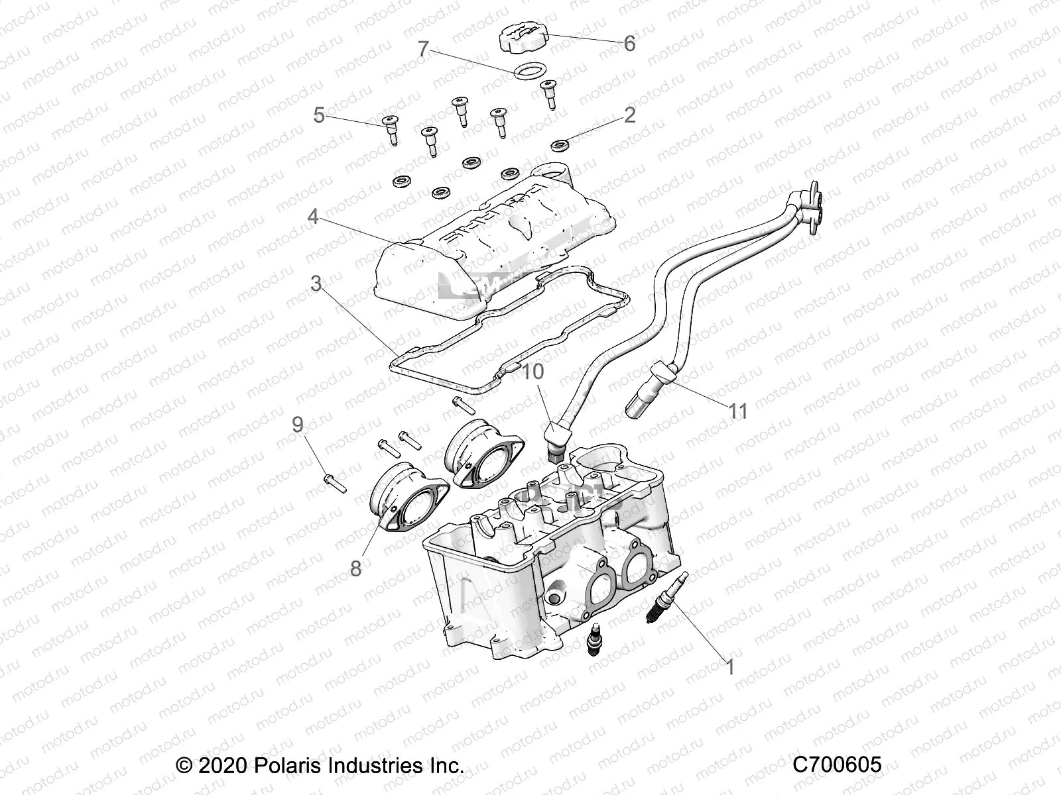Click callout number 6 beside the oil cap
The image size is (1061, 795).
pos(629,44)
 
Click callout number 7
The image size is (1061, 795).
pos(424,50)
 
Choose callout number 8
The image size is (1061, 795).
pos(355,568)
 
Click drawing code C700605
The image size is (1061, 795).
pos(838,765)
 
